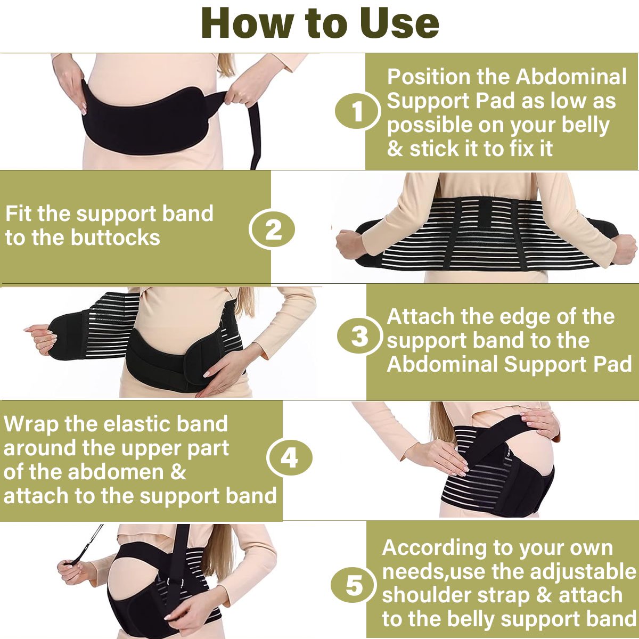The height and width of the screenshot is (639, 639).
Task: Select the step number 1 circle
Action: click(357, 111)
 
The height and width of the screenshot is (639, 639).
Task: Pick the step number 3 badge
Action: click(359, 335)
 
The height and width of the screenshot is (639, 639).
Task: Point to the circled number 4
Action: click(289, 458)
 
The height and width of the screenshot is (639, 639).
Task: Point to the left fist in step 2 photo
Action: click(349, 244)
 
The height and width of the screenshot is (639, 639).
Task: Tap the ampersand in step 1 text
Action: click(395, 149)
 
